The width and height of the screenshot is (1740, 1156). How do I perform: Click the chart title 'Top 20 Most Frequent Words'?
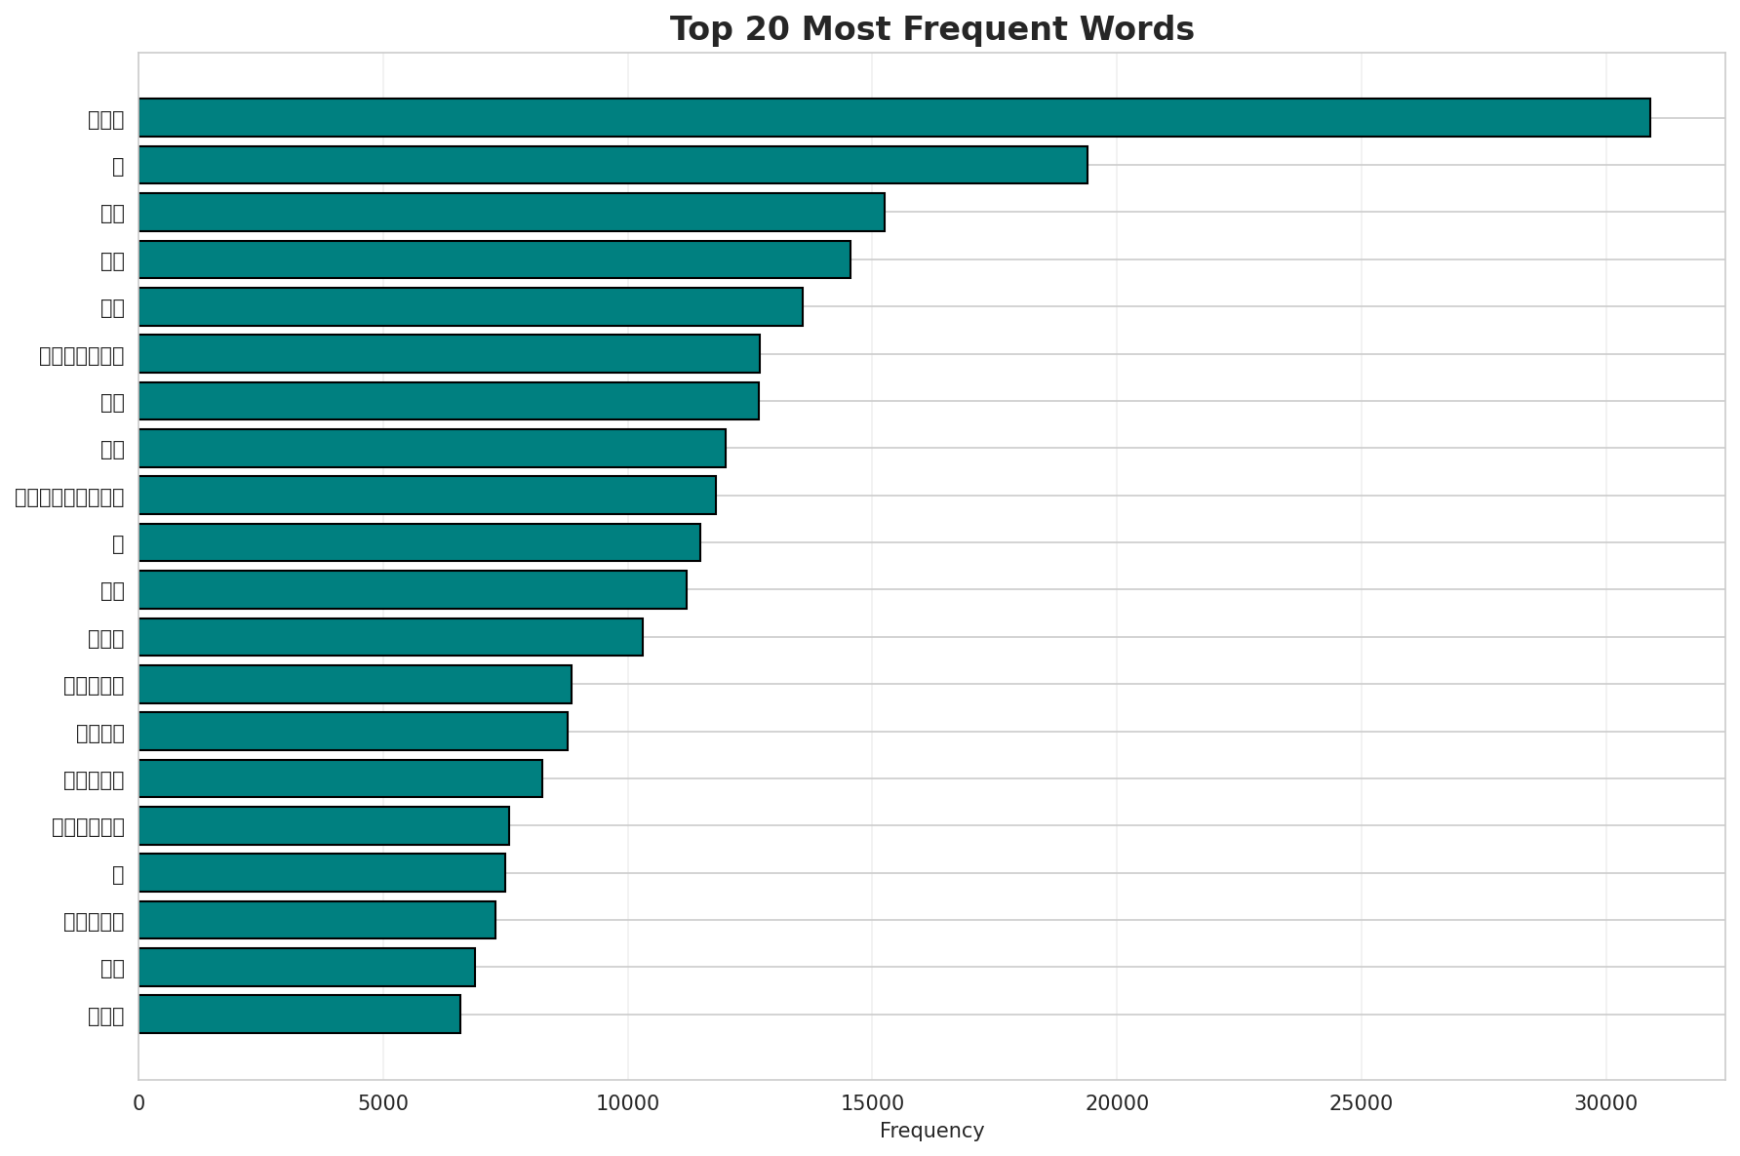tap(931, 29)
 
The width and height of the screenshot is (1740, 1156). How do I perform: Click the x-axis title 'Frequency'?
tap(931, 1131)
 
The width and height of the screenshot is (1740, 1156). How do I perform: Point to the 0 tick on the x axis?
tap(138, 1103)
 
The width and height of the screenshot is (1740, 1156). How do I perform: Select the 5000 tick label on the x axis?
tap(383, 1103)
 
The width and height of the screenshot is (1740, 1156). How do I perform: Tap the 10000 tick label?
tap(627, 1103)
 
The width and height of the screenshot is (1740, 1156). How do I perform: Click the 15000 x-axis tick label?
tap(872, 1103)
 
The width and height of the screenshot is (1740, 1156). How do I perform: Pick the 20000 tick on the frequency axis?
tap(1117, 1103)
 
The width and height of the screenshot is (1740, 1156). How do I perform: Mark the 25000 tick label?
tap(1362, 1103)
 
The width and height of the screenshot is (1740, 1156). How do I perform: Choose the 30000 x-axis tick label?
tap(1605, 1103)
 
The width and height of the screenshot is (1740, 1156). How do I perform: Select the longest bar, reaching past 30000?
tap(893, 118)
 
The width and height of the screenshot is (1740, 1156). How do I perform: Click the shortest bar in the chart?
tap(299, 1015)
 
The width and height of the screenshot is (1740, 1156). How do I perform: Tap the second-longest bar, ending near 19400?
tap(613, 165)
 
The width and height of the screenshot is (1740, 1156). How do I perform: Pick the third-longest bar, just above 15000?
tap(511, 212)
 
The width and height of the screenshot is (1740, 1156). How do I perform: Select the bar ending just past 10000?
tap(390, 637)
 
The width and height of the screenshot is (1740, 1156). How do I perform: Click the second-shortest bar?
tap(306, 967)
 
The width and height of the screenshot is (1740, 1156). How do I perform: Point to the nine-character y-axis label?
tap(69, 497)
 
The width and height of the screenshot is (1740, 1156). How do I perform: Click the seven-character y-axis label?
tap(82, 355)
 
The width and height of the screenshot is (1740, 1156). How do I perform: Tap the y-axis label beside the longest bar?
tap(105, 120)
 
